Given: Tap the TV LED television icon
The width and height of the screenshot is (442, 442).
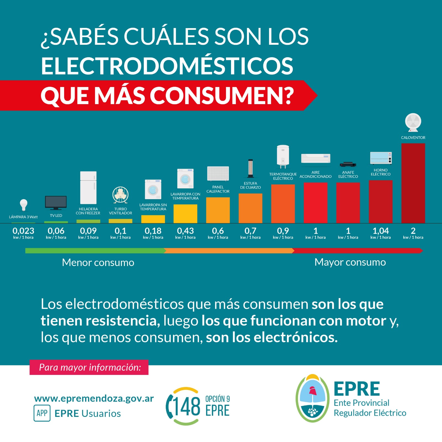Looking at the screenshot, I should (x=56, y=203).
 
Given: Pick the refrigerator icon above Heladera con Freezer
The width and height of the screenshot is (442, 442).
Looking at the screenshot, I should (x=88, y=188).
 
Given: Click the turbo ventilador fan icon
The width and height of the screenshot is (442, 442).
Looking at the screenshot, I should (x=120, y=195).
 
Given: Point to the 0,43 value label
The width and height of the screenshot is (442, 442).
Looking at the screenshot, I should (x=185, y=231).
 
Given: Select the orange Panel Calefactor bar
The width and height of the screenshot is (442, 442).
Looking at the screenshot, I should (x=218, y=210).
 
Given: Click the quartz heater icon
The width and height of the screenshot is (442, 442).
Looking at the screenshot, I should (x=250, y=169).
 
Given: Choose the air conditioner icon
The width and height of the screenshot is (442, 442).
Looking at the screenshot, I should (x=315, y=158).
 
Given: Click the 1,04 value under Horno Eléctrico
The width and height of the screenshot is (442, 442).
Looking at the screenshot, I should (x=381, y=231).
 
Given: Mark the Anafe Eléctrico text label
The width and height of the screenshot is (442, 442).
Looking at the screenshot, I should (x=348, y=174).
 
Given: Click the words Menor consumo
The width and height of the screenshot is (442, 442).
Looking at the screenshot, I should (x=98, y=262).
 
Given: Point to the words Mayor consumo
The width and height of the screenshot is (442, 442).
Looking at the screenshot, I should (x=350, y=262).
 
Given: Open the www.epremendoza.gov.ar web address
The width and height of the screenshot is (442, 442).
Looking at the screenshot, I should (x=94, y=399).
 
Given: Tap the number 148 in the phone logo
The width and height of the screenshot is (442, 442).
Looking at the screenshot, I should (x=187, y=407).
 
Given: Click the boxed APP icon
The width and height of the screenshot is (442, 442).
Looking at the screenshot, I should (x=42, y=413).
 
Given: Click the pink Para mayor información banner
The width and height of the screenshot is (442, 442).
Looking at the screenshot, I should (x=89, y=367).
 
